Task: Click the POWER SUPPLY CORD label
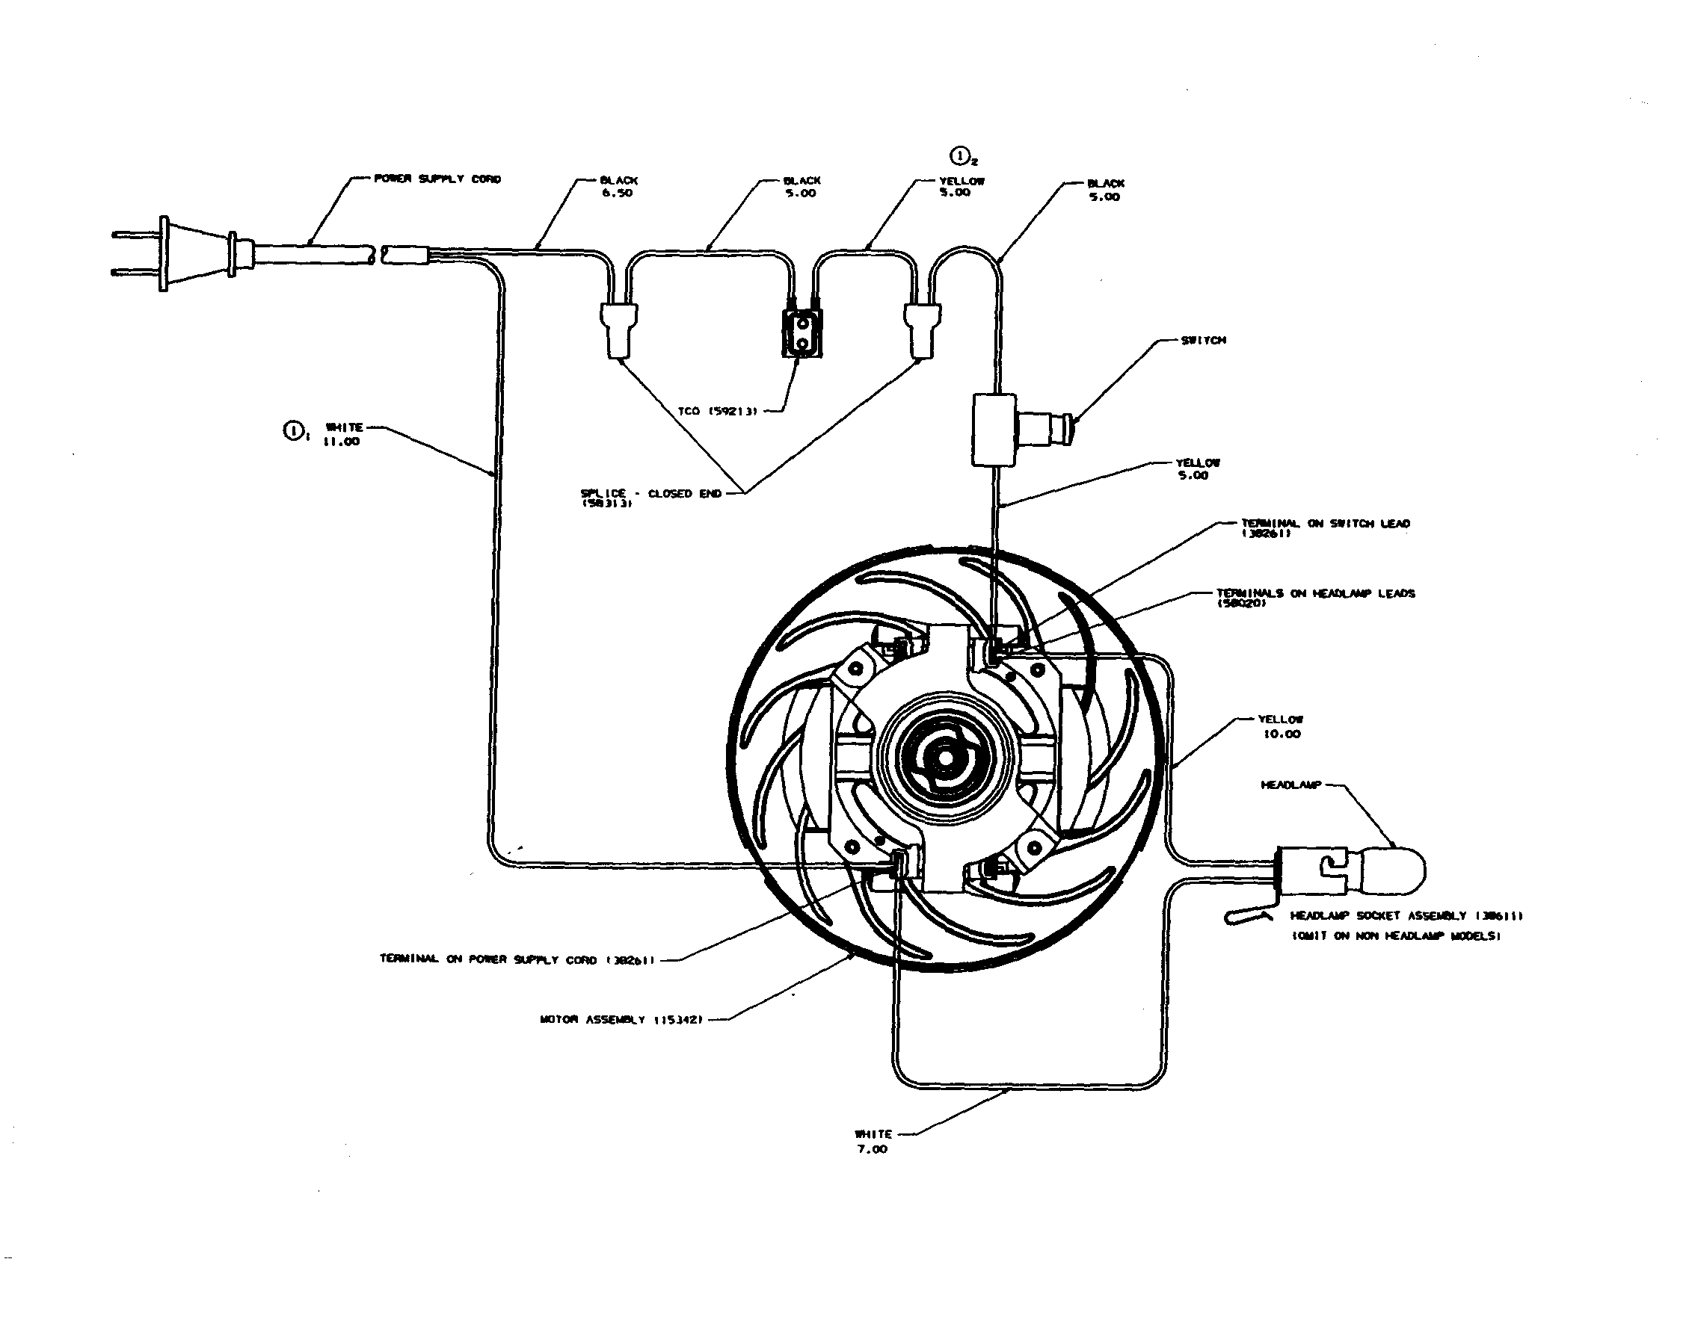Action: [437, 179]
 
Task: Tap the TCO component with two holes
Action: [802, 334]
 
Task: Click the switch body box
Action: [994, 430]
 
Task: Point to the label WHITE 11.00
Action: [342, 434]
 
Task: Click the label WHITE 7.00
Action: [873, 1141]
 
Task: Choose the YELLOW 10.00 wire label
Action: [1281, 727]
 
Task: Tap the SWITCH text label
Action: [1203, 340]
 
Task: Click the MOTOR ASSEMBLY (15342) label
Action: [621, 1019]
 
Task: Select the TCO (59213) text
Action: [718, 411]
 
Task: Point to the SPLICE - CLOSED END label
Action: [650, 495]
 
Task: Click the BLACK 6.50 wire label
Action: [618, 187]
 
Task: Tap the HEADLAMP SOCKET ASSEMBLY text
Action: [1405, 916]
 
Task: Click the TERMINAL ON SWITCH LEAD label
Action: [1325, 525]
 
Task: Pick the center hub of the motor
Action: [944, 758]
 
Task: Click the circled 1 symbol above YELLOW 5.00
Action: [959, 157]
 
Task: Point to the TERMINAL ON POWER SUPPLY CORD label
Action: [517, 959]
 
